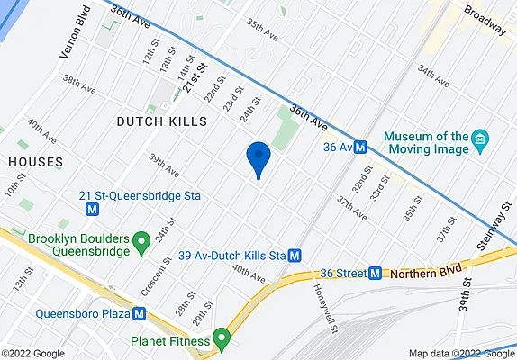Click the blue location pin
pyautogui.click(x=258, y=159)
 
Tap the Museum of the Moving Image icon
pyautogui.click(x=481, y=140)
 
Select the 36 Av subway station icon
pyautogui.click(x=359, y=147)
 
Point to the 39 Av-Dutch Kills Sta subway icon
pyautogui.click(x=295, y=256)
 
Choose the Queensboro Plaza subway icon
pyautogui.click(x=139, y=314)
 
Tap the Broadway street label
pyautogui.click(x=485, y=21)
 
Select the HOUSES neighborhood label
pyautogui.click(x=35, y=162)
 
